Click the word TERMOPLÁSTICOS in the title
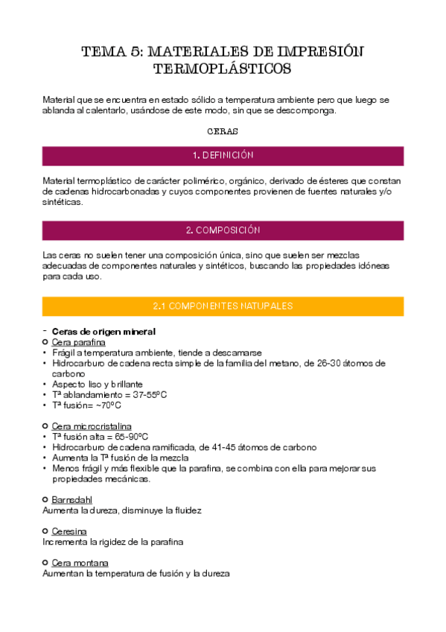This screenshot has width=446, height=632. click(x=223, y=69)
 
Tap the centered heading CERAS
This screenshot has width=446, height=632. click(x=223, y=131)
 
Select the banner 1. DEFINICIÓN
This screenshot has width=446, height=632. click(x=223, y=156)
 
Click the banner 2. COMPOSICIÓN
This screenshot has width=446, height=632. click(x=223, y=230)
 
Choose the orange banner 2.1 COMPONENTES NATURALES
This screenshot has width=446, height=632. click(x=223, y=306)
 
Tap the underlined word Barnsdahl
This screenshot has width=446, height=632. click(x=72, y=499)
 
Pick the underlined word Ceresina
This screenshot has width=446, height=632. click(x=69, y=531)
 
